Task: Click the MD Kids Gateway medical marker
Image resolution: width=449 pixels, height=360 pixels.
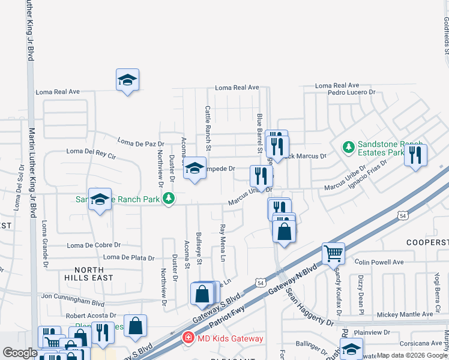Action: click(188, 338)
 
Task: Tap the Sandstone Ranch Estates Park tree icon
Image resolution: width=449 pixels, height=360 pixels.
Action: click(348, 147)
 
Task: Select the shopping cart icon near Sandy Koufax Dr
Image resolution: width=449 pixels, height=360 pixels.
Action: click(333, 253)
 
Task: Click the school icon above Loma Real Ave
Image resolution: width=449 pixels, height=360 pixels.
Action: click(127, 80)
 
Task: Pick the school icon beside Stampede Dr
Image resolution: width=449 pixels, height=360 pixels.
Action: click(194, 169)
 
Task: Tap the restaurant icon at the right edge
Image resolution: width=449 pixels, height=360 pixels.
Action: click(415, 154)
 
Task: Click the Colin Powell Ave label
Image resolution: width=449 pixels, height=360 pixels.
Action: click(379, 262)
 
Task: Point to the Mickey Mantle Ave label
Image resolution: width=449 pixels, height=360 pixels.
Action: click(405, 314)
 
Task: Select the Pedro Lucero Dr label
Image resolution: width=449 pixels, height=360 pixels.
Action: click(351, 93)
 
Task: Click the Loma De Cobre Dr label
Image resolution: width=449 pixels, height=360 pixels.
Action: click(94, 245)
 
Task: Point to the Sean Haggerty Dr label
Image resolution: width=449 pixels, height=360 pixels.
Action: click(310, 307)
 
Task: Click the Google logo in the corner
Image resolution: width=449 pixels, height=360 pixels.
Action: click(20, 353)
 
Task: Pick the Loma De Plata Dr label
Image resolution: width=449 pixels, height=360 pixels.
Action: click(128, 257)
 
